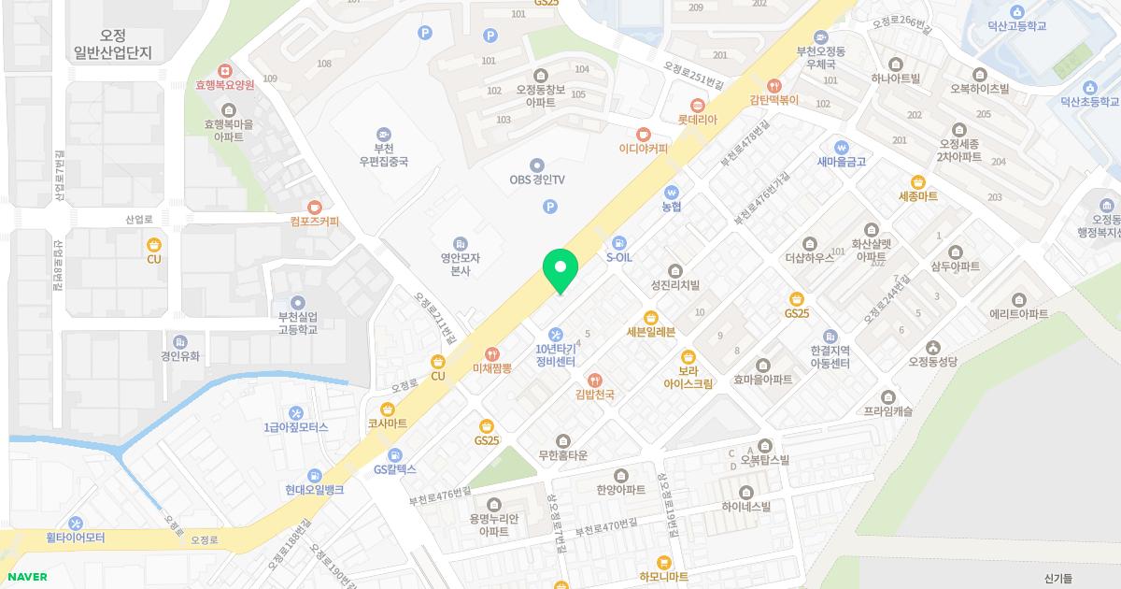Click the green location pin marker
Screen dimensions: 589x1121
click(560, 269)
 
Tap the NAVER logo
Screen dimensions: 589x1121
click(27, 577)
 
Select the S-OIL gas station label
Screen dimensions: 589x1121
click(620, 256)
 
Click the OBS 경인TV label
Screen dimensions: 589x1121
click(537, 180)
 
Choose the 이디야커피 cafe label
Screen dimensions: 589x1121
click(644, 149)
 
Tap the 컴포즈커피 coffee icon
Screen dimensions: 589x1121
click(315, 207)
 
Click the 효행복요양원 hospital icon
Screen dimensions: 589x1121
click(224, 71)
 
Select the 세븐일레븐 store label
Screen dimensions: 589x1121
click(650, 331)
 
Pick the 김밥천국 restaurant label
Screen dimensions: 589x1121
click(594, 395)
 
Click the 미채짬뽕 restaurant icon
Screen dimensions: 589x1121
click(492, 352)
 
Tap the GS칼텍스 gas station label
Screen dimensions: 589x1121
click(394, 469)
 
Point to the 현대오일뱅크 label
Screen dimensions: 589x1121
click(315, 490)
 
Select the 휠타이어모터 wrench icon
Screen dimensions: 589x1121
click(76, 524)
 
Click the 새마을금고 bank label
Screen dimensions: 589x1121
click(842, 162)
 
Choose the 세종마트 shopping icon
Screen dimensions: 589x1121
click(917, 181)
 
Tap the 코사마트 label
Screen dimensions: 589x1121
click(388, 424)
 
